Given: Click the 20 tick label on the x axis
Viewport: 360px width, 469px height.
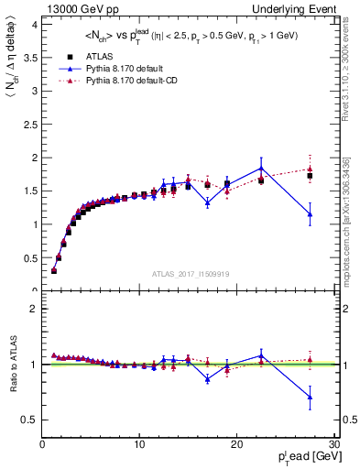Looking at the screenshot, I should coord(236,444).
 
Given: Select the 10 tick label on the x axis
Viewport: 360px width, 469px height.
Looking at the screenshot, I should coord(139,444).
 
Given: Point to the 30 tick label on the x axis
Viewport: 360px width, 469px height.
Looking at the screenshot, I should coord(333,444).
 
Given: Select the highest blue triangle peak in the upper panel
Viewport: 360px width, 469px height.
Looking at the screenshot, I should coord(261,169).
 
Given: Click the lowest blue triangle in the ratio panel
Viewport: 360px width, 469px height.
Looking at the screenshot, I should coord(311,397).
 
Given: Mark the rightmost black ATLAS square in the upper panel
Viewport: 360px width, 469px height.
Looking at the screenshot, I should coord(311,176).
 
